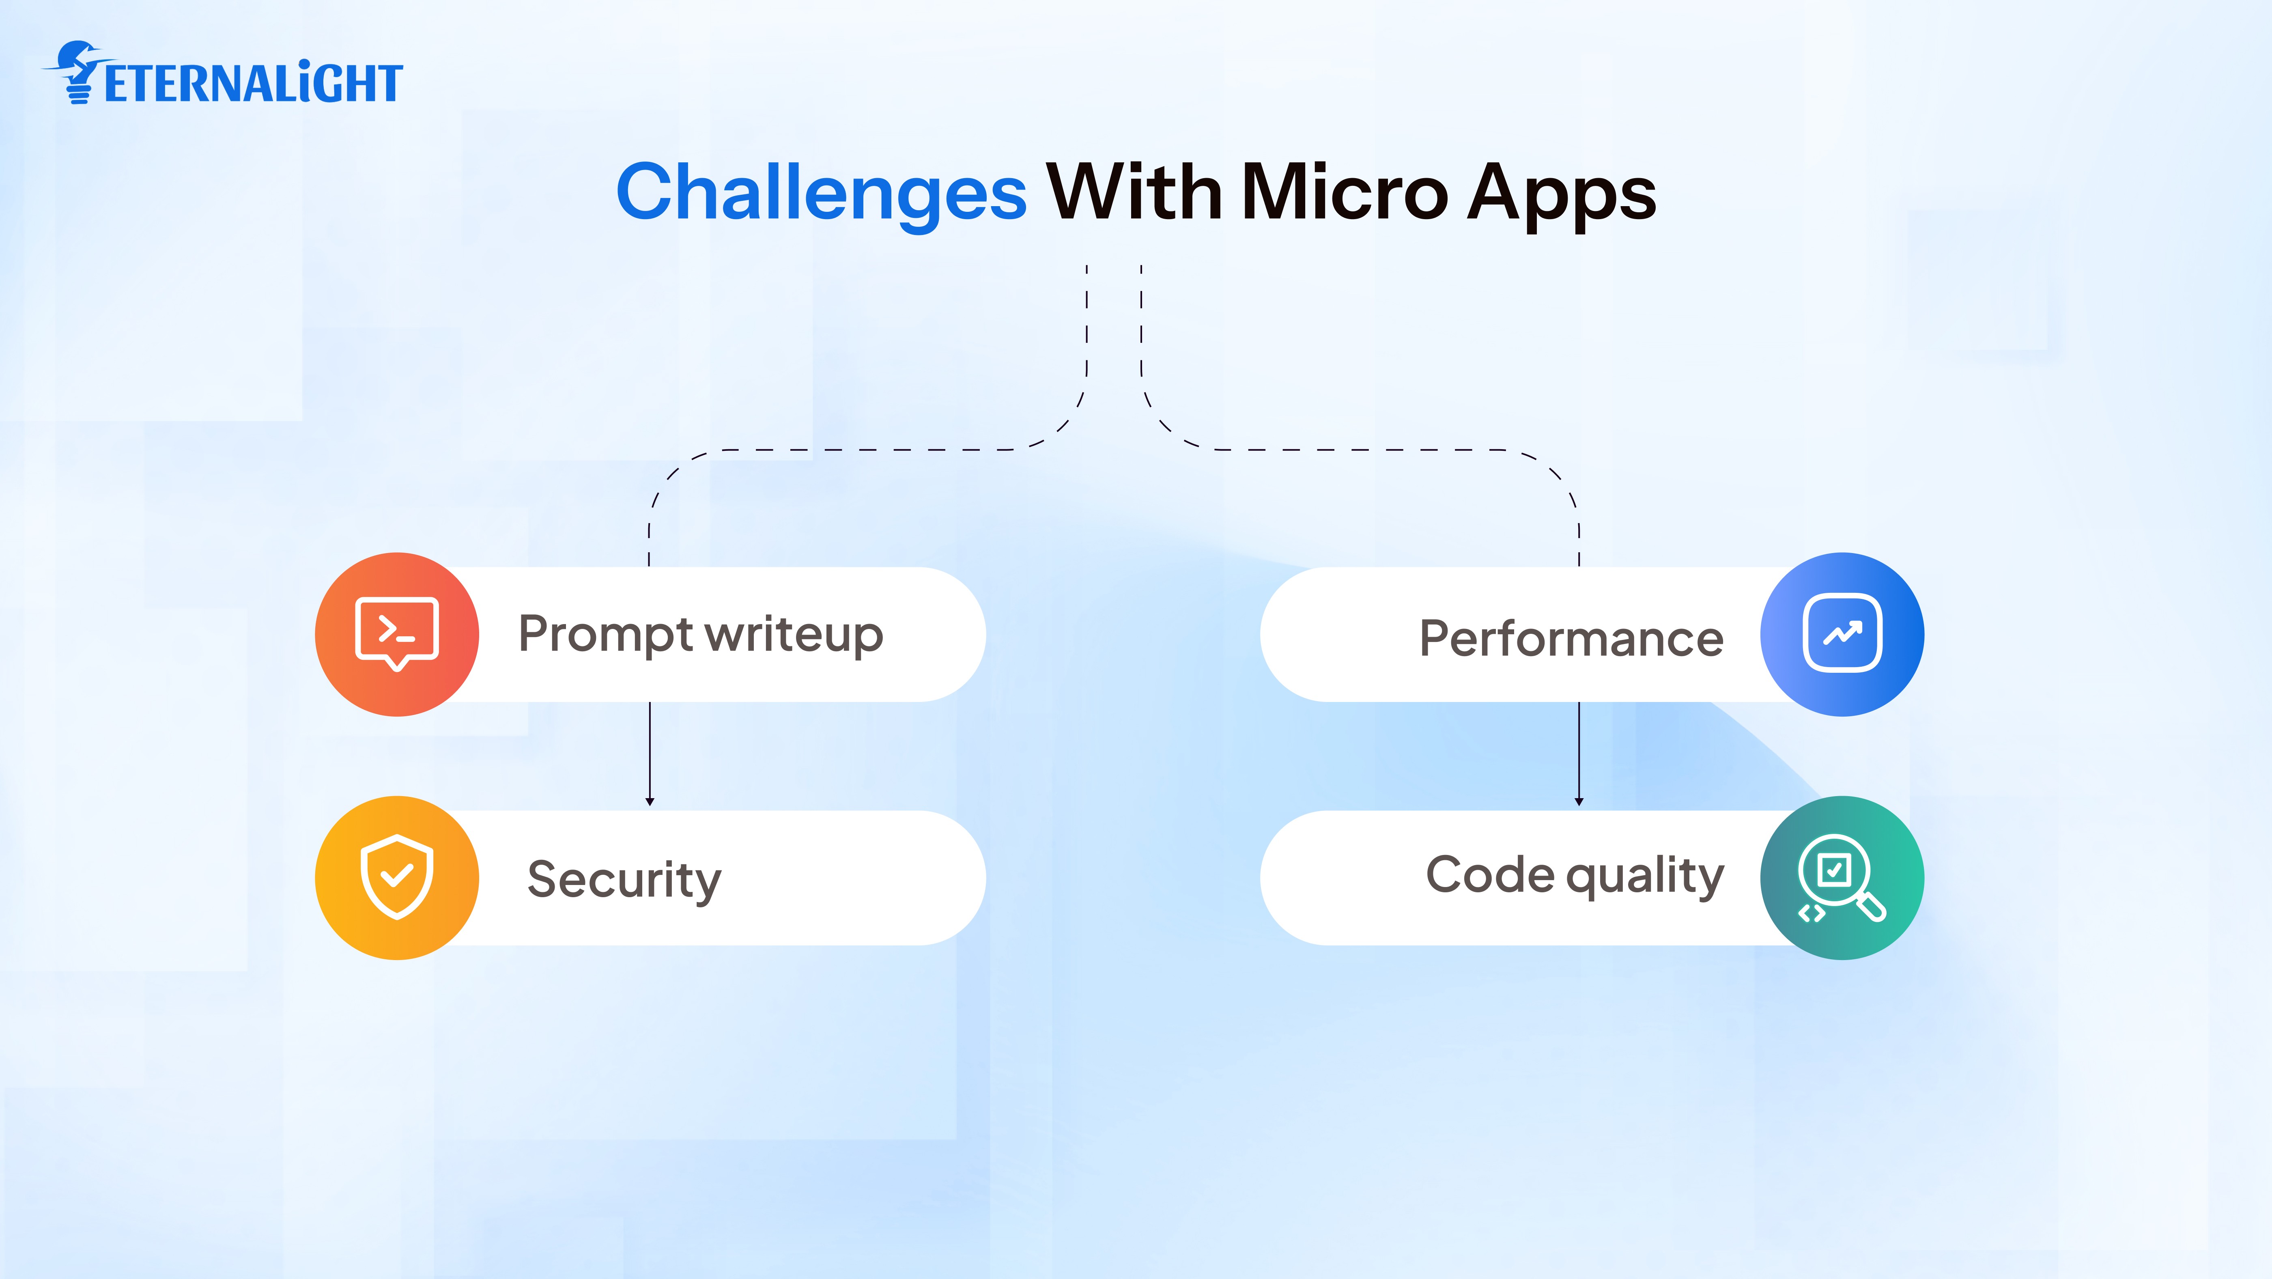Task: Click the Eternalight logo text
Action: point(253,84)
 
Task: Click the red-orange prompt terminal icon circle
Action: point(397,634)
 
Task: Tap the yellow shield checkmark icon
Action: point(397,878)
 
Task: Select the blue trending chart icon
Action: point(1842,634)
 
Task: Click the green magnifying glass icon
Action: point(1842,878)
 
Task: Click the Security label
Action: point(624,879)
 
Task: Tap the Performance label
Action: point(1571,638)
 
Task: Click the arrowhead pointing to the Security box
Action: point(650,801)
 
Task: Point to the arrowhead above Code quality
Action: point(1579,801)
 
